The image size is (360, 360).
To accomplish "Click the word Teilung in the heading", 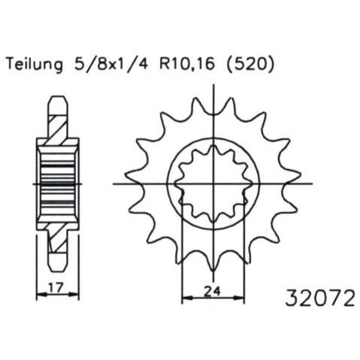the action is click(x=35, y=65).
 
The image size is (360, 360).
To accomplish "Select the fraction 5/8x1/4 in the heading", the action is click(x=110, y=64).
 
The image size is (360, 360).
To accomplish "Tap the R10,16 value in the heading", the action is click(x=187, y=64).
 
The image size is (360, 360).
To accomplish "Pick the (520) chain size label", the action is click(x=250, y=64).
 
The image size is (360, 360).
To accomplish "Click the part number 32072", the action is click(x=320, y=298).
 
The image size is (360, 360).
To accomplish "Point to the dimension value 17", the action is click(x=56, y=287).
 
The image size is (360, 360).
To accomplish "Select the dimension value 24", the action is click(x=213, y=291).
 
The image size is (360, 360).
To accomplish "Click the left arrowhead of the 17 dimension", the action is click(x=41, y=294).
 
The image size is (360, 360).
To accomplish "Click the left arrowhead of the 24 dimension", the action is click(x=186, y=298).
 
